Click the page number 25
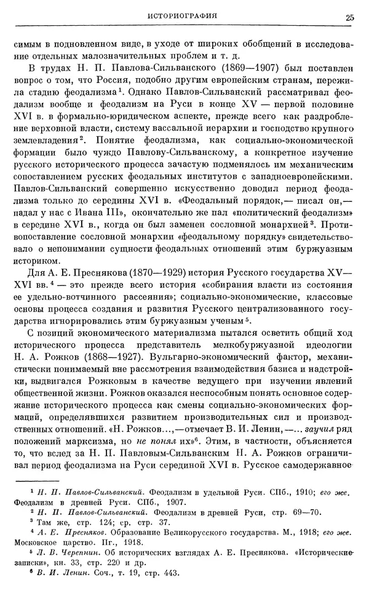coord(349,17)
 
